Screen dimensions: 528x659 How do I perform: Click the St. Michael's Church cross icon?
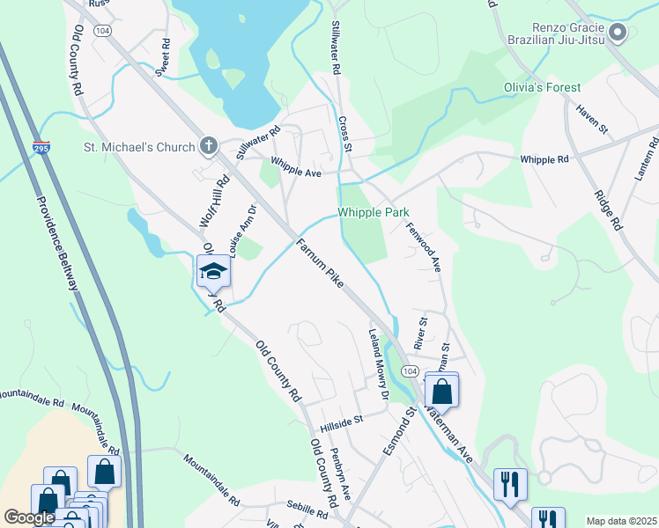tap(208, 145)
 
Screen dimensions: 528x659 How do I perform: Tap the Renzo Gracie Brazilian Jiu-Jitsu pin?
tap(618, 34)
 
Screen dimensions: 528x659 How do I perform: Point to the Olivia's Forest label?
tap(542, 87)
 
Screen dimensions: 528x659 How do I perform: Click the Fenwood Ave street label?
tap(423, 246)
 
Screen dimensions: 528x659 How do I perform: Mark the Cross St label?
tap(344, 135)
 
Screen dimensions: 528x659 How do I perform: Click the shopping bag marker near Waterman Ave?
tap(441, 390)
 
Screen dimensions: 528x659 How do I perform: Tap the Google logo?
tap(29, 517)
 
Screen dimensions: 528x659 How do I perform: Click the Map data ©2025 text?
tap(620, 521)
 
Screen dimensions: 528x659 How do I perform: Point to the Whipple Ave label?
tap(296, 167)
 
